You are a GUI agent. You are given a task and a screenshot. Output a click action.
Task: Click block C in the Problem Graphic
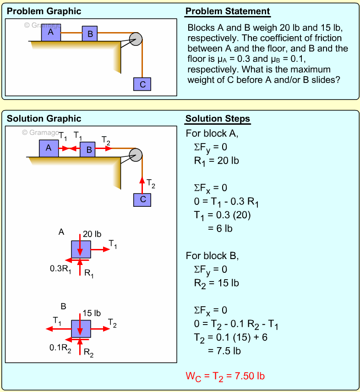click(142, 84)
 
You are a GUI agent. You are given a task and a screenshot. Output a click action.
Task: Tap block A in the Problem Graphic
click(51, 33)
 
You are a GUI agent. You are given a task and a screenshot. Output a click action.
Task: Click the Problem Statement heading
click(228, 11)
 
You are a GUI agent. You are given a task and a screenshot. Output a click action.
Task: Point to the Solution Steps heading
click(218, 119)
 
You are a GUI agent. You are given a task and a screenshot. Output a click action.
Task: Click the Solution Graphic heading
click(44, 119)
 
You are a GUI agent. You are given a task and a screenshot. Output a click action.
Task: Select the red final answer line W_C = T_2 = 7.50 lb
click(225, 376)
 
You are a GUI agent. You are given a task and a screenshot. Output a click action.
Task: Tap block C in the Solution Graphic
click(142, 199)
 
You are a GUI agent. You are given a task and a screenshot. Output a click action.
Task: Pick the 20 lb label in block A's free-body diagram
click(92, 234)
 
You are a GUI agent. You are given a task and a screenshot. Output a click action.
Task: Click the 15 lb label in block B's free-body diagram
click(92, 314)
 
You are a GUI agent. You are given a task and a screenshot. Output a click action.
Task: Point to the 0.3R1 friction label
click(60, 269)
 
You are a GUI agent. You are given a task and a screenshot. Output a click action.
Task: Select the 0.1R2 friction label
click(60, 348)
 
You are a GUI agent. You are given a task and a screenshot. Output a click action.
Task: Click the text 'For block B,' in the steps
click(213, 255)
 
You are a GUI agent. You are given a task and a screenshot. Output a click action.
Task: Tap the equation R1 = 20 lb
click(216, 160)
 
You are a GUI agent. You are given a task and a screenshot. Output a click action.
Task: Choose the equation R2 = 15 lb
click(216, 283)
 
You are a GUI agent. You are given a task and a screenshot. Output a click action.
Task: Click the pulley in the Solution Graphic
click(136, 155)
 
